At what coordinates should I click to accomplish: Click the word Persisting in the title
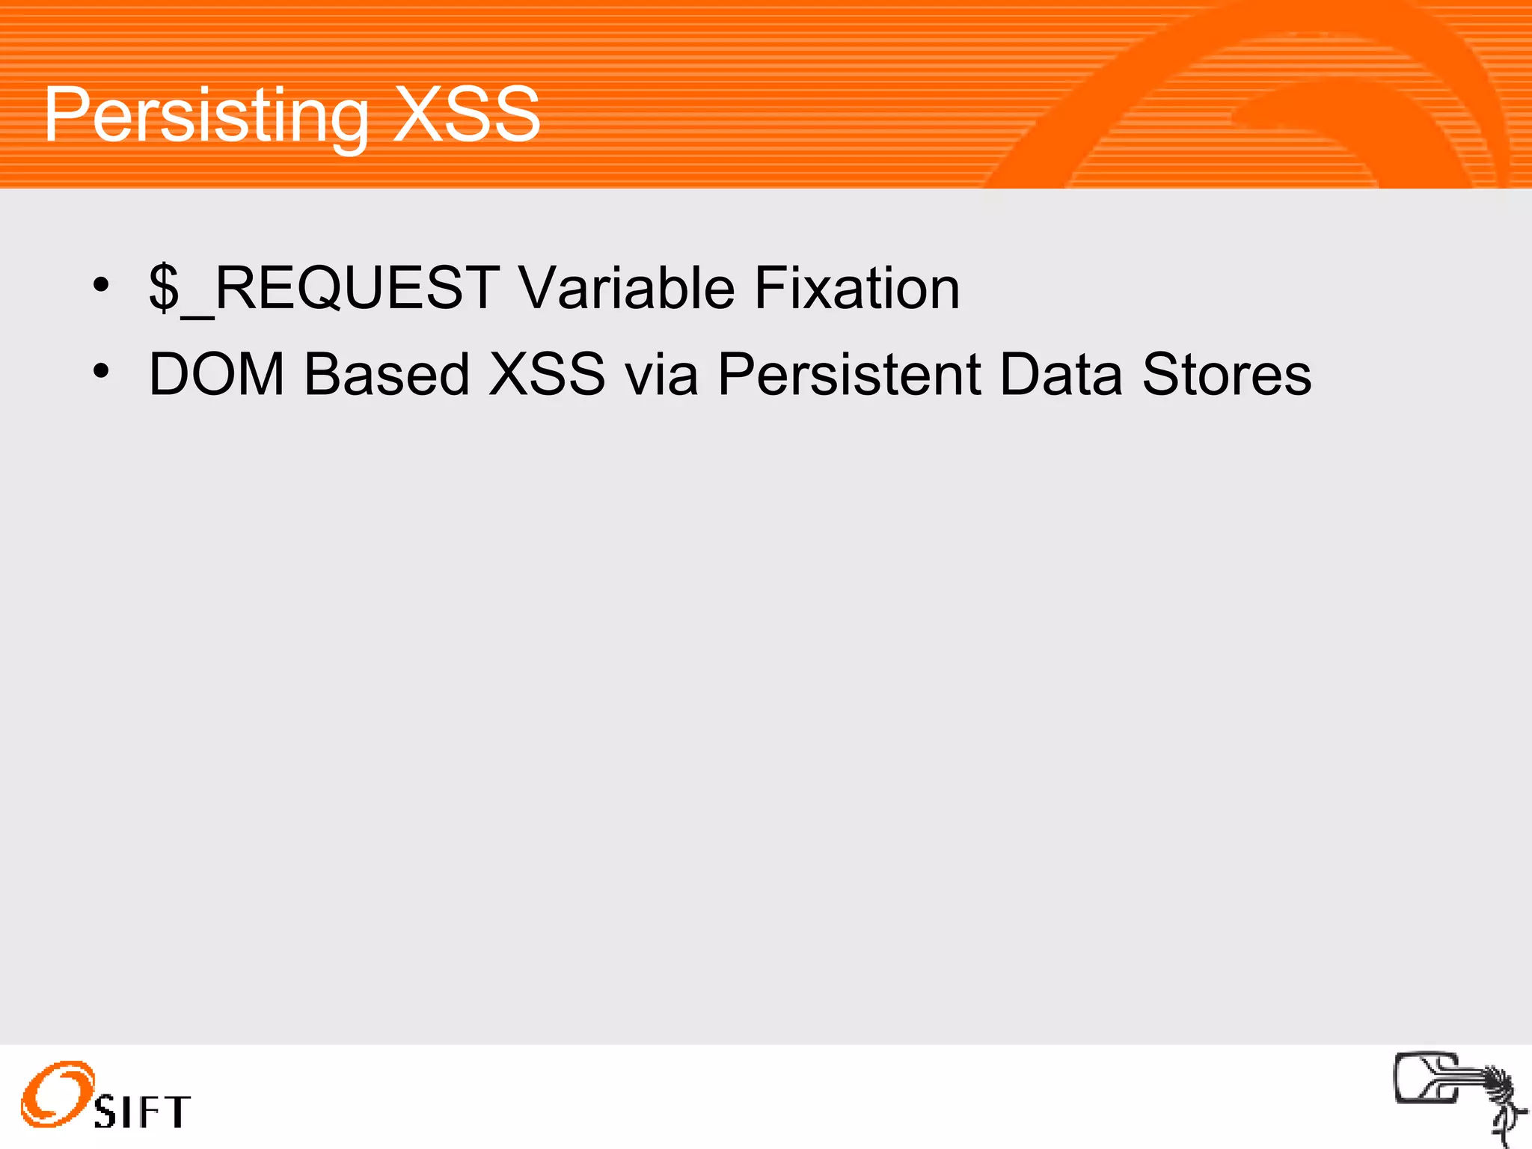tap(206, 116)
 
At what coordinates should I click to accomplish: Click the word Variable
tap(627, 289)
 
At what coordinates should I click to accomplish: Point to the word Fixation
tap(857, 289)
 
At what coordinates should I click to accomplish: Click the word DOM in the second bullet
tap(216, 374)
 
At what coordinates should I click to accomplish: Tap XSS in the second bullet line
tap(546, 374)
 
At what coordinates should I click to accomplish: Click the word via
tap(661, 374)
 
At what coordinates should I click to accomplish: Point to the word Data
tap(1061, 374)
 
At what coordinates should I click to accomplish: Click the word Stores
tap(1226, 374)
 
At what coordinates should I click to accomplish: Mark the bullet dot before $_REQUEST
tap(101, 285)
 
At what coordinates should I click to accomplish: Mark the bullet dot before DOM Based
tap(101, 370)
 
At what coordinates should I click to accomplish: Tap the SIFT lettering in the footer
tap(142, 1112)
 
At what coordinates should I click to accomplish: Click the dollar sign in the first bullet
tap(164, 289)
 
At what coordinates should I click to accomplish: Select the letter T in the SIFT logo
tap(177, 1112)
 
